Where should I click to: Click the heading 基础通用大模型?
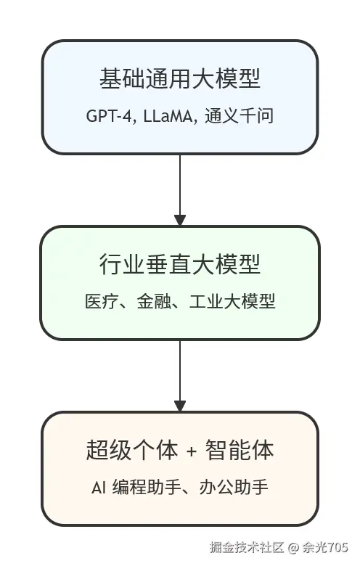click(179, 79)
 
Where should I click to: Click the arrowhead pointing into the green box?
click(180, 220)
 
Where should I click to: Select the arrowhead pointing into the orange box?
click(180, 406)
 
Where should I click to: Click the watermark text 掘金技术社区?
click(245, 546)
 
